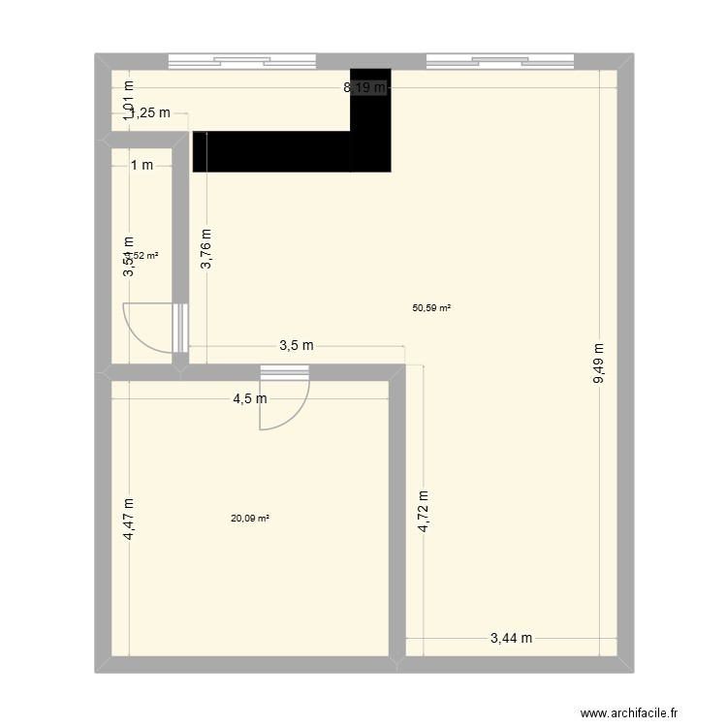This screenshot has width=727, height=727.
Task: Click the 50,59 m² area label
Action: pyautogui.click(x=431, y=308)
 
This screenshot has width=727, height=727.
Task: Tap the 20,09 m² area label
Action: pyautogui.click(x=249, y=518)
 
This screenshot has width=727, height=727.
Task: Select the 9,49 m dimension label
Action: pyautogui.click(x=599, y=363)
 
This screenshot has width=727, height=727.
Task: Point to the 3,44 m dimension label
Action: pyautogui.click(x=511, y=638)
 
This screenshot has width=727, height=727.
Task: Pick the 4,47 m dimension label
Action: pyautogui.click(x=129, y=519)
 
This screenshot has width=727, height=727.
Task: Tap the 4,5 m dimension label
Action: pyautogui.click(x=249, y=397)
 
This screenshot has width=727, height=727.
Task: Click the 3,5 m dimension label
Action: pyautogui.click(x=297, y=346)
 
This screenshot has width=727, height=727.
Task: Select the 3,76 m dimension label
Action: pyautogui.click(x=205, y=253)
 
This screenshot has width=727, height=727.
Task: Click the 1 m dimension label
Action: pyautogui.click(x=142, y=165)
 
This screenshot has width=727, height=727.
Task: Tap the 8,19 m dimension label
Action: pyautogui.click(x=364, y=88)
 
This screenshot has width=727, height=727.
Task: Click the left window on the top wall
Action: pyautogui.click(x=242, y=61)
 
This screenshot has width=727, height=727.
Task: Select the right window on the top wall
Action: pyautogui.click(x=500, y=61)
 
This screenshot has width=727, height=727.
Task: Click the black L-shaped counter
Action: pyautogui.click(x=291, y=151)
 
